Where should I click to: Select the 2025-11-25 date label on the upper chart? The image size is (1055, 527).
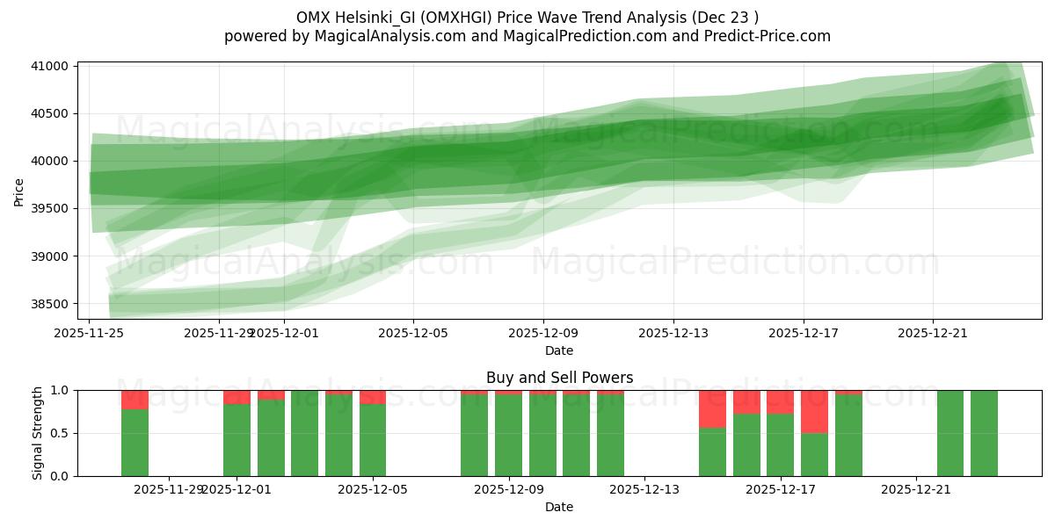90,333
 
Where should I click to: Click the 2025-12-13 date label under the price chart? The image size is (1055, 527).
673,333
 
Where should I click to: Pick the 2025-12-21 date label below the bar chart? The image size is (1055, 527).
916,489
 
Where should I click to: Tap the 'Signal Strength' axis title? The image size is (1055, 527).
37,433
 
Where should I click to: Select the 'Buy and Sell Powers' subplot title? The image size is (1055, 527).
559,378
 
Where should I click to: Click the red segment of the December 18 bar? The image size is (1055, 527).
814,411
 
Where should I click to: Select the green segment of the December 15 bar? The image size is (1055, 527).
712,451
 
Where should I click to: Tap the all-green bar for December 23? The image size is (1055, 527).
984,433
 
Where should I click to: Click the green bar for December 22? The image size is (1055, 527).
950,433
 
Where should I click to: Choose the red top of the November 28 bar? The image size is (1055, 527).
135,400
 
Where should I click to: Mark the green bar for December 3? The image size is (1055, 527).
304,433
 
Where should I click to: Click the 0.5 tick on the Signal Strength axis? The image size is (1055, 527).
62,433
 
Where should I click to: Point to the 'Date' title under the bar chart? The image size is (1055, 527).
559,507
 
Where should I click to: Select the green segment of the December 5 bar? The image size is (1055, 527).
373,440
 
